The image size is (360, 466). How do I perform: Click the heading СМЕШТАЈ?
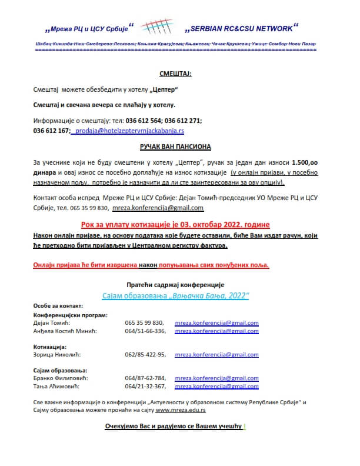point(176,74)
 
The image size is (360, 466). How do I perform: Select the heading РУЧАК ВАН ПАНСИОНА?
point(176,145)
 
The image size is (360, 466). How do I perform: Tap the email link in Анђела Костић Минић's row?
point(217,331)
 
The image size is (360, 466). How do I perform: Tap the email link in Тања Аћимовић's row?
point(217,387)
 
